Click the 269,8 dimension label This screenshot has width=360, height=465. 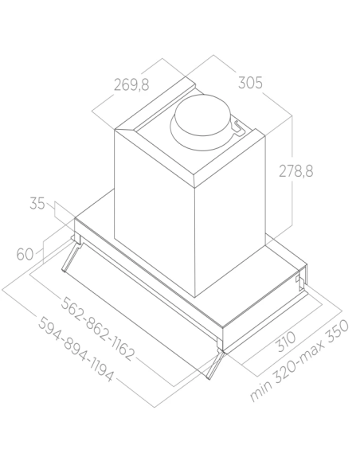tap(131, 85)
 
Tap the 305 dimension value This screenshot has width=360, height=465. tap(250, 83)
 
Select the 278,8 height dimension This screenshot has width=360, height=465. tap(295, 171)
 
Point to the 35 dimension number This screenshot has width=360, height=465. tap(37, 204)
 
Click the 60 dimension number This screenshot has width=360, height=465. tap(25, 255)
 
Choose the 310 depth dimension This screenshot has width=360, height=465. tap(286, 342)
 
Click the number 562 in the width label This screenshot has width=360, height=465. tap(72, 307)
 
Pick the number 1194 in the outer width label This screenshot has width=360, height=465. tap(100, 368)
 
